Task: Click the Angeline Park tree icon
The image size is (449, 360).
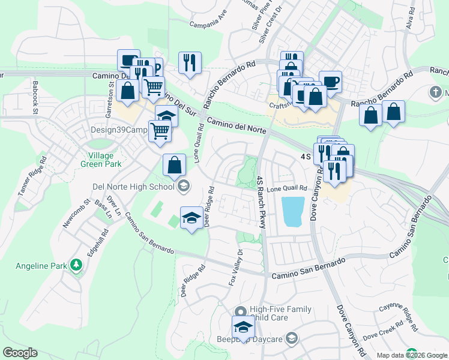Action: tap(76, 265)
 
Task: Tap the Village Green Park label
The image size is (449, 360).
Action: tap(101, 159)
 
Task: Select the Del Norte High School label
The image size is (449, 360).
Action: tap(133, 185)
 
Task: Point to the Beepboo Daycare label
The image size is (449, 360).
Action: tap(242, 340)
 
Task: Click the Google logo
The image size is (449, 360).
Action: tap(20, 353)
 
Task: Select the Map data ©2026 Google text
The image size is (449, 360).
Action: tap(412, 355)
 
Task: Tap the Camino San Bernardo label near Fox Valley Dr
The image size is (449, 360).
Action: tap(309, 270)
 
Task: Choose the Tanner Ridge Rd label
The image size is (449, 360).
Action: tap(32, 176)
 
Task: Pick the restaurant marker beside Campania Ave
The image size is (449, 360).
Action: tap(190, 62)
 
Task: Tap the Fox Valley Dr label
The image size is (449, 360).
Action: tap(236, 266)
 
